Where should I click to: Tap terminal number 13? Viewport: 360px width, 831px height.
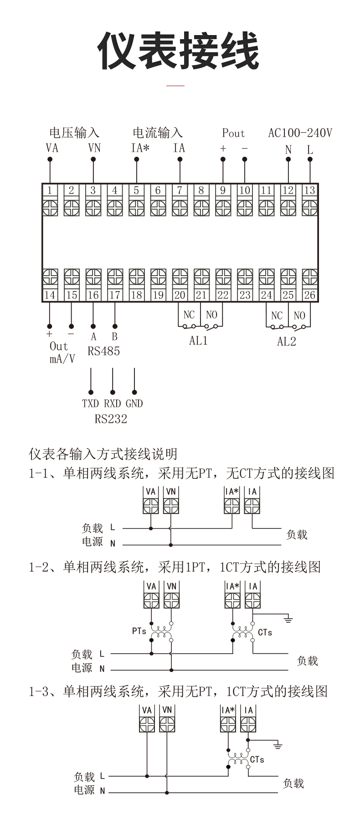coord(309,190)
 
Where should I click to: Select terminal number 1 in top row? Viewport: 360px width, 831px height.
coord(50,190)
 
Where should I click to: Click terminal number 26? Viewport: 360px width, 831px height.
coord(309,295)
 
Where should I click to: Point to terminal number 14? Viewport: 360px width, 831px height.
coord(50,295)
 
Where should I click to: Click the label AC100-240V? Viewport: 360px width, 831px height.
coord(300,133)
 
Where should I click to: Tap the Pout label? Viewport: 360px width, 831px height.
coord(233,133)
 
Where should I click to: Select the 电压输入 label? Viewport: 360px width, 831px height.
coord(74,133)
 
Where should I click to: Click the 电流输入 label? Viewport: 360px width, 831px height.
coord(158,133)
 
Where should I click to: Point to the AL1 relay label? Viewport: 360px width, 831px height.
coord(198,341)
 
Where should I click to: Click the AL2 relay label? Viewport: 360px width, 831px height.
coord(287,341)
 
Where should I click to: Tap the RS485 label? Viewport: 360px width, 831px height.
coord(104,351)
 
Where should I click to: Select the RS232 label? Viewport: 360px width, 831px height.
coord(111,419)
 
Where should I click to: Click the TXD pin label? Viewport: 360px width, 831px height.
coord(90,404)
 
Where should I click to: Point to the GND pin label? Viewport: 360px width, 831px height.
coord(134,404)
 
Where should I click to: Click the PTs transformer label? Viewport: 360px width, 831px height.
coord(139,631)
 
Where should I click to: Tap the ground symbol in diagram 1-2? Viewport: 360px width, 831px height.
coord(288,619)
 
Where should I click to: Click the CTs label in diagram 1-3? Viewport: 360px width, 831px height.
coord(257,759)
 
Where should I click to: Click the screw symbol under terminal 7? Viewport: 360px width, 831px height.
coord(180,208)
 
